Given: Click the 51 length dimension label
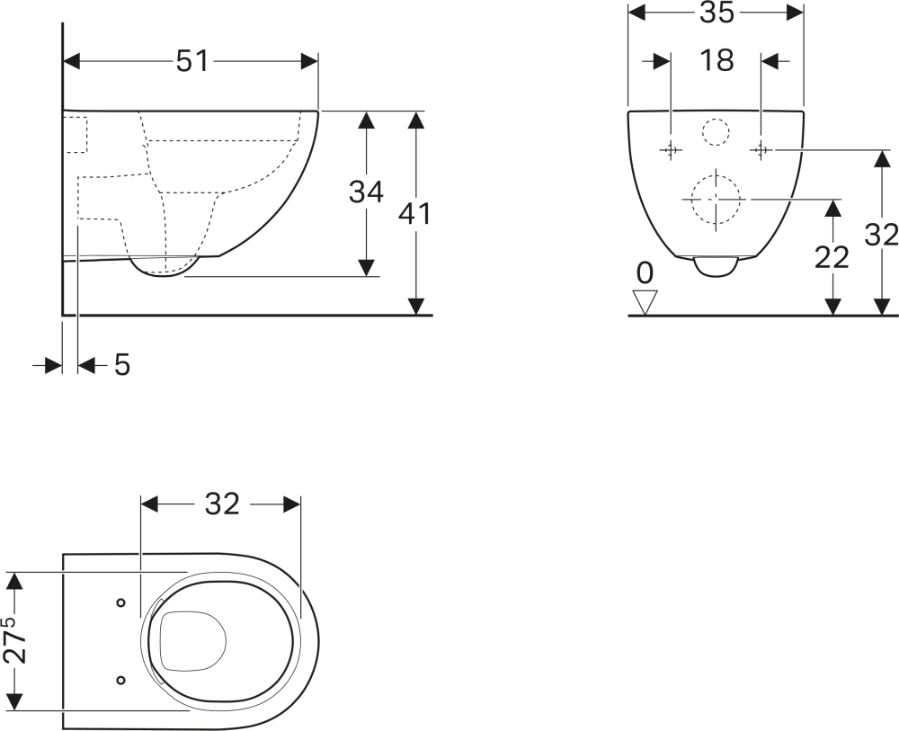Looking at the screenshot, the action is coord(192,61).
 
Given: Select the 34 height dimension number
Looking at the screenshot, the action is coord(366,192).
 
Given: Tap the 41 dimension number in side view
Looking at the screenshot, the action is coord(414,214).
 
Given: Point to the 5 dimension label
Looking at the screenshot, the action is coord(122,365).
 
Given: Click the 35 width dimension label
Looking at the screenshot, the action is coord(717,13).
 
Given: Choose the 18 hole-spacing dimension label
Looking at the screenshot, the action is coord(717,60).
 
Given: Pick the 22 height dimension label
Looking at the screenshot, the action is coord(832,257).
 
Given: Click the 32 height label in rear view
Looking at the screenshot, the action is coord(881,235).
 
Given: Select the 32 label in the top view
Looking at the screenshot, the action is coord(222,504).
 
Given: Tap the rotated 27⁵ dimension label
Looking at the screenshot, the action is coord(15,640).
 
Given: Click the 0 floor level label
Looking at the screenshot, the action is coord(645,273).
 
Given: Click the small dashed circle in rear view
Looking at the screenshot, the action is coord(717,132).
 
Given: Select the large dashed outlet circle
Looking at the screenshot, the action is coord(716,200).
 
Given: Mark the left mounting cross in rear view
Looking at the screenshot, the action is coord(671,150).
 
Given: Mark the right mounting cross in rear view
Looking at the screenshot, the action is coord(761,150).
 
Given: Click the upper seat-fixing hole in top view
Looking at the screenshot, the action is coord(121,602).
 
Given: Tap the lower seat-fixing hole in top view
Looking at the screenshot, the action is coord(121,680).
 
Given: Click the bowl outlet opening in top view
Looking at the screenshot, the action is coord(193,641).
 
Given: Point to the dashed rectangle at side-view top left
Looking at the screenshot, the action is coord(76,135).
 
